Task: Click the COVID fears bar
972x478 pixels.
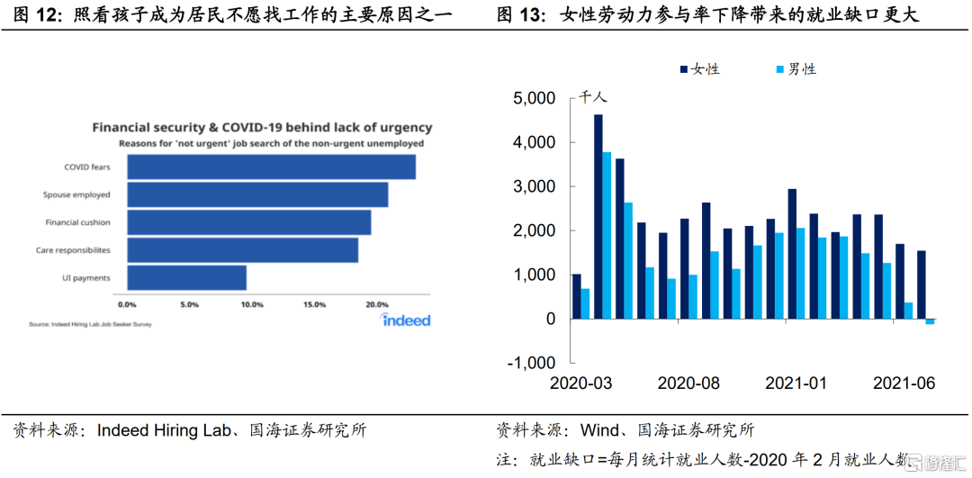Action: [271, 167]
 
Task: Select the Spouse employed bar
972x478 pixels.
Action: [257, 194]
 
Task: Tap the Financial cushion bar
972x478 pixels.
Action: [248, 222]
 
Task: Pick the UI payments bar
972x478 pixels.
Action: [186, 277]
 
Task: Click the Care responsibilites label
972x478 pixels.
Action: [73, 250]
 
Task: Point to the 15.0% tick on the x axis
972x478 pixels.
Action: [315, 305]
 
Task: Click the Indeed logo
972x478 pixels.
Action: [406, 320]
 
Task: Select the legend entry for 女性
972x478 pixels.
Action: [698, 69]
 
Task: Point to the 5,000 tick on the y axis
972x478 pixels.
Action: [534, 99]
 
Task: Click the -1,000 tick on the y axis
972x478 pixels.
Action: [531, 363]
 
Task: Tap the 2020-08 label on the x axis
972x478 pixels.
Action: [688, 383]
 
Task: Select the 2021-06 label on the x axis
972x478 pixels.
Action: [904, 383]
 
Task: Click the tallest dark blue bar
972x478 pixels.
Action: [598, 216]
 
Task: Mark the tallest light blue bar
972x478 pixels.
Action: [607, 235]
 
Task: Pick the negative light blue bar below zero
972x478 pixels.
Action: [931, 321]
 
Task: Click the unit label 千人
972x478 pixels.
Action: [592, 97]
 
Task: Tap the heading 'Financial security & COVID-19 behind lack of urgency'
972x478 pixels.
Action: [262, 128]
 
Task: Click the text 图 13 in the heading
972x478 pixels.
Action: [520, 15]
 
